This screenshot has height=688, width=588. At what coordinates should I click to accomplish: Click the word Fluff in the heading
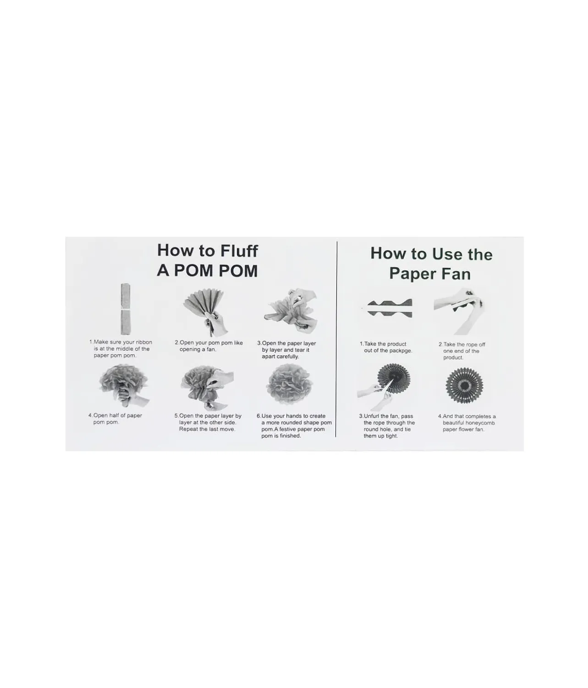tap(234, 251)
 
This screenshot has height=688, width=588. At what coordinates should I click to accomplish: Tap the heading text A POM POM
tap(207, 270)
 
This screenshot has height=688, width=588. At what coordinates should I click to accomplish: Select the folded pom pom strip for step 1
tap(125, 309)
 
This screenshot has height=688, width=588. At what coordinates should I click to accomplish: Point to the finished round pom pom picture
tap(289, 385)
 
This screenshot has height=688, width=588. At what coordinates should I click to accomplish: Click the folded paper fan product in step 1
tap(390, 308)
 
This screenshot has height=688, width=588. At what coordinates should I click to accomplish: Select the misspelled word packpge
tap(400, 351)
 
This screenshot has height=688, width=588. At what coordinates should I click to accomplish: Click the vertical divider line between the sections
tap(336, 339)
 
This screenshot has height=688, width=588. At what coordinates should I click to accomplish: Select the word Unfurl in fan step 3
tap(372, 416)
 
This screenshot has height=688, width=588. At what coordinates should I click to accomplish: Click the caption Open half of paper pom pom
tap(115, 419)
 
